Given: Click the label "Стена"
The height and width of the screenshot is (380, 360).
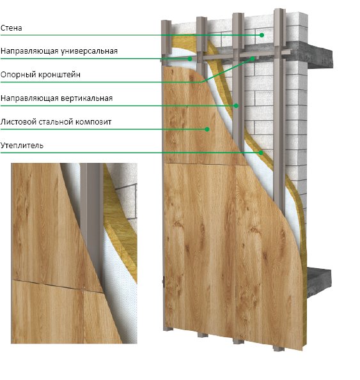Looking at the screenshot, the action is pos(11,28).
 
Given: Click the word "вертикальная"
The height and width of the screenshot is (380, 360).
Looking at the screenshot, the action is pos(86,98).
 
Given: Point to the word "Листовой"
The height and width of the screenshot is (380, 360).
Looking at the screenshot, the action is pos(18,121).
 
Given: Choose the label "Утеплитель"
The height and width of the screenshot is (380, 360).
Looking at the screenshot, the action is pos(22,146).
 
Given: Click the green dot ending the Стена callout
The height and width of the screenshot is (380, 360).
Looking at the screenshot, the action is pos(262,35).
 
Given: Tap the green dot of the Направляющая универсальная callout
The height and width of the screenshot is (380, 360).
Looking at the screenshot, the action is pos(190,59).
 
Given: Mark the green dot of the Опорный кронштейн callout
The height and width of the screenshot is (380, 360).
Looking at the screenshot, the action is pos(253,58).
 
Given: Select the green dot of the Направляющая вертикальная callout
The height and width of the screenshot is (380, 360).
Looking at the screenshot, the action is pos(236,105).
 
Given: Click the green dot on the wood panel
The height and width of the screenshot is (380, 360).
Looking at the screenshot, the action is pos(207,129).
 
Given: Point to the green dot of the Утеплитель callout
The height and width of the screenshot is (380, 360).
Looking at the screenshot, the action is pos(261,153).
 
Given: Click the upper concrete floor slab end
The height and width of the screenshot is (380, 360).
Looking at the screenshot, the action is pos(320,57).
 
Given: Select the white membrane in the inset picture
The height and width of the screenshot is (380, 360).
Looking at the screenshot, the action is pos(119,291).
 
